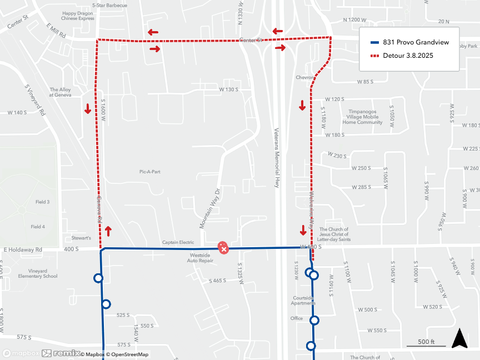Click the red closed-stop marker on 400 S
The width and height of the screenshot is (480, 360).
[x=223, y=248]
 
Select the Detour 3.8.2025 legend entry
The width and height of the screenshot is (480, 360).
[x=408, y=56]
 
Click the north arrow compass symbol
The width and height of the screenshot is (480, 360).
[x=459, y=338]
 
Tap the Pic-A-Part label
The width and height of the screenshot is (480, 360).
[x=149, y=172]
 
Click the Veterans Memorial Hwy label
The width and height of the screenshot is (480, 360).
[x=276, y=158]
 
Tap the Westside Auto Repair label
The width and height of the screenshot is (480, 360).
[x=201, y=258]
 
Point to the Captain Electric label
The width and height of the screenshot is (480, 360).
[x=178, y=242]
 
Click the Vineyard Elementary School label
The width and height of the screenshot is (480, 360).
[x=38, y=273]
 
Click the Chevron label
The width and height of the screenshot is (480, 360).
[x=304, y=78]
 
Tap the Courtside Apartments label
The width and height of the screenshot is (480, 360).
[x=304, y=301]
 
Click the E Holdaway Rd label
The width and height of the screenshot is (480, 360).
[x=23, y=250]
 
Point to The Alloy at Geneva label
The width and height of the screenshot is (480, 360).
[x=61, y=92]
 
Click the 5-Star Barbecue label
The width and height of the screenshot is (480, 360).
[x=109, y=6]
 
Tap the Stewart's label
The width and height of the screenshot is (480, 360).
[x=81, y=238]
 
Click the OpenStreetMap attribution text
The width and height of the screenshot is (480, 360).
[x=129, y=354]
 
